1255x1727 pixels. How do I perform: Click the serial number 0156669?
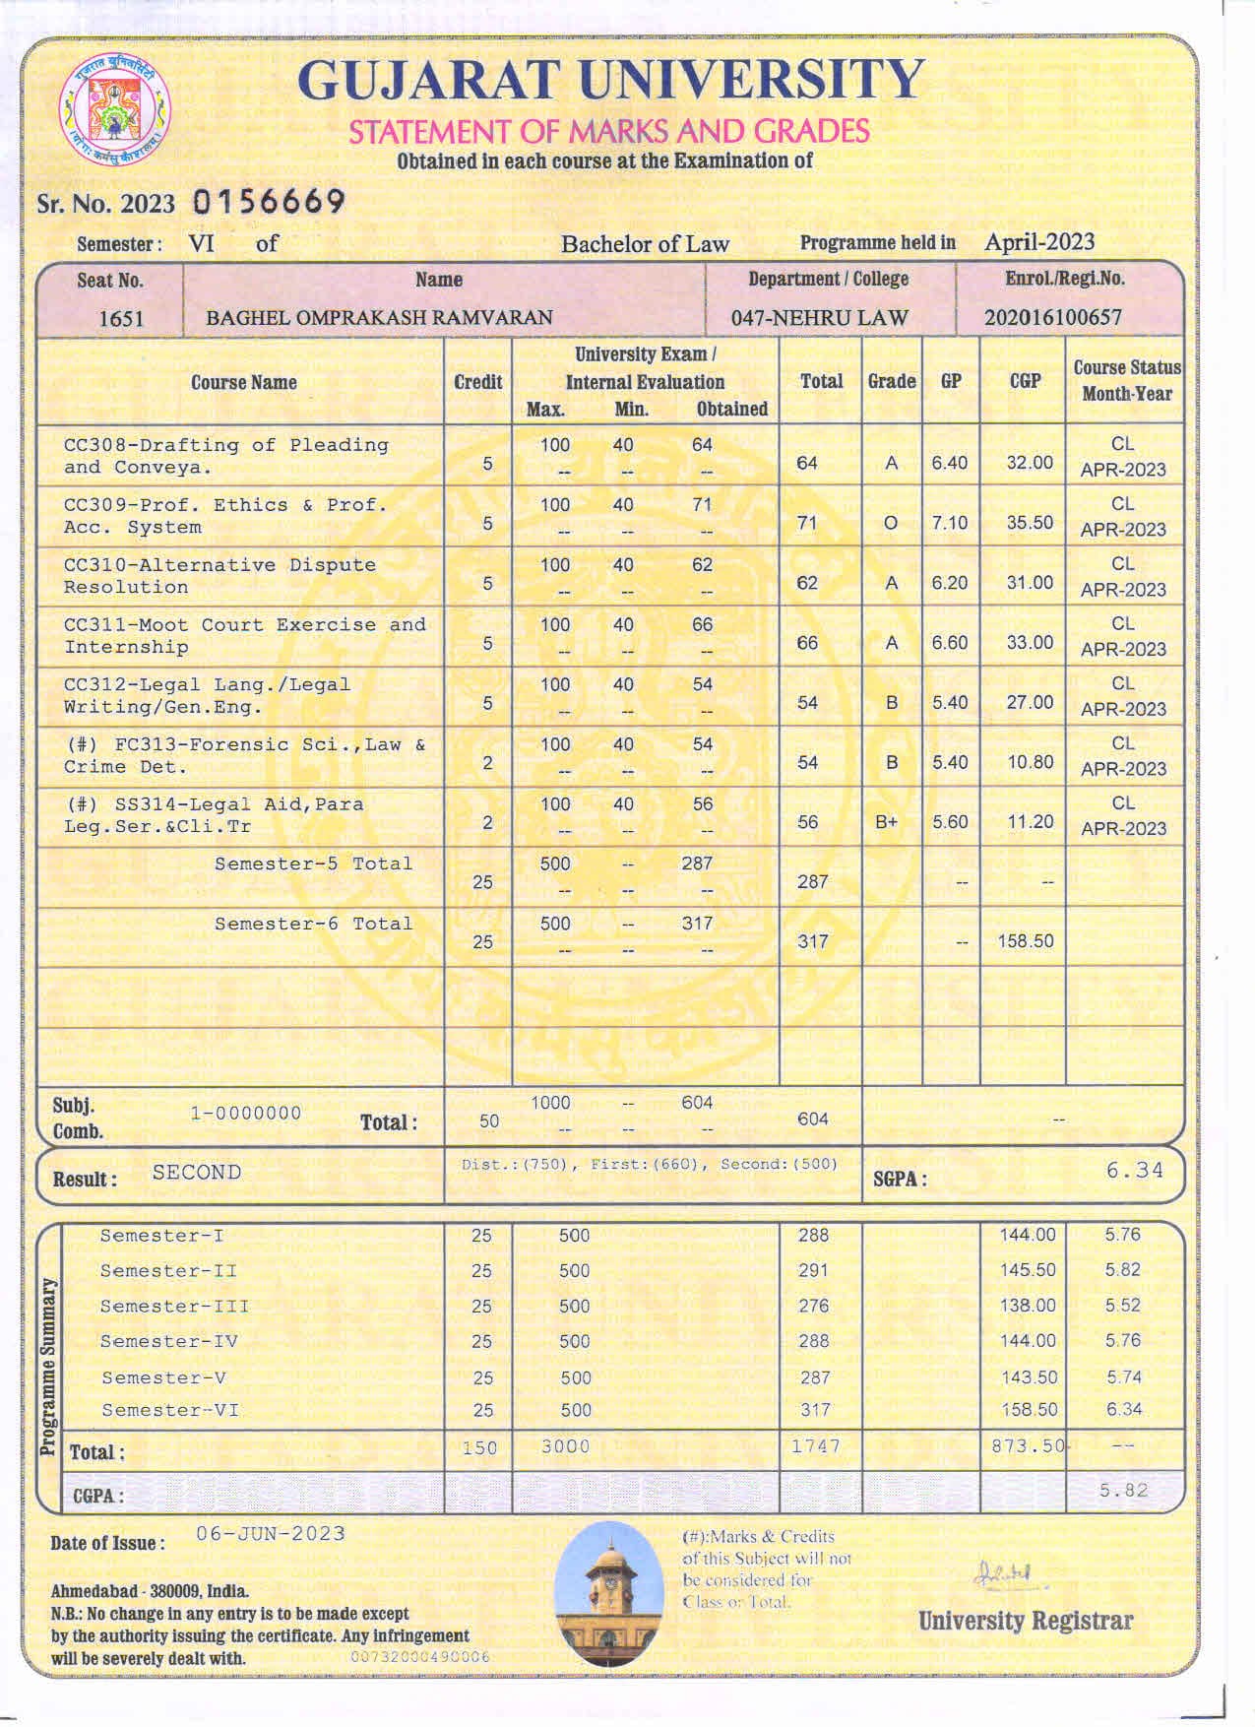coord(269,202)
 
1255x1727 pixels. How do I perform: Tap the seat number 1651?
coord(121,318)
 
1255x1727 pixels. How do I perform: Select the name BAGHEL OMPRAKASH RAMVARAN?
coord(379,318)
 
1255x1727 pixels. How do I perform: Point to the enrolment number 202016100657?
coord(1052,317)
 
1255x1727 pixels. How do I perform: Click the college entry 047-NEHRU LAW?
coord(819,318)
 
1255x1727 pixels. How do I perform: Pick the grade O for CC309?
coord(891,523)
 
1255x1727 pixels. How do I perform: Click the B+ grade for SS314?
coord(888,822)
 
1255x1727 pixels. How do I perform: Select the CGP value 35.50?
coord(1030,523)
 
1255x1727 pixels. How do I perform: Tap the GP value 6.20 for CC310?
coord(950,583)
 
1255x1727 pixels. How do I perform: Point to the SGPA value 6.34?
coord(1134,1170)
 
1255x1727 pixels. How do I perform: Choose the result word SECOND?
coord(197,1172)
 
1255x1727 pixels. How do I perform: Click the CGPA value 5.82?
coord(1123,1490)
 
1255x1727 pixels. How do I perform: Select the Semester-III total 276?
coord(813,1306)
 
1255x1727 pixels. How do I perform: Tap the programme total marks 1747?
coord(816,1445)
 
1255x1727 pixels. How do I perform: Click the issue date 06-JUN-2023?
coord(271,1533)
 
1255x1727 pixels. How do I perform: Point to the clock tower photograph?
coord(608,1595)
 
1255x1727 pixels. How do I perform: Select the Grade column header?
coord(892,381)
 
